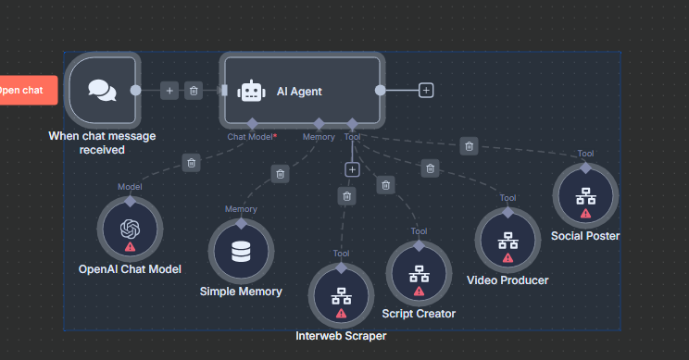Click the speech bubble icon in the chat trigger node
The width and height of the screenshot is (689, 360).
click(x=102, y=90)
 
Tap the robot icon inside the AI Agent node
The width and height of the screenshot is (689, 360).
click(x=251, y=91)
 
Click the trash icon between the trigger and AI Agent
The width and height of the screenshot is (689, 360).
click(x=194, y=90)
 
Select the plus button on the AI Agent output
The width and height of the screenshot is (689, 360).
click(x=426, y=90)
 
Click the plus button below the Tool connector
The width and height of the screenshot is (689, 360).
click(x=352, y=169)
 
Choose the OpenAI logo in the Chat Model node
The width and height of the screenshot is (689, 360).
click(x=130, y=228)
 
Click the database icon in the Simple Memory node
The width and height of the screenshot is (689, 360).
click(x=241, y=250)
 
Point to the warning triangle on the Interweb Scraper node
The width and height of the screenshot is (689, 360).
click(x=341, y=314)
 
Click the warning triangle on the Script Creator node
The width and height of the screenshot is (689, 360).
click(x=419, y=291)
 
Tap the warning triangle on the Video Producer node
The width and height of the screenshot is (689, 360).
click(x=507, y=258)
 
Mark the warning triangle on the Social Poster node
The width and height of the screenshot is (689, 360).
click(x=585, y=213)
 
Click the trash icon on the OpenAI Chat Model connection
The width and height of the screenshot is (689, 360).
click(x=191, y=163)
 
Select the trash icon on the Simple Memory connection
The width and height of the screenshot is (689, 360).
click(x=280, y=173)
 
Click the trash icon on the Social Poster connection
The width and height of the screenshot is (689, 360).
click(x=470, y=145)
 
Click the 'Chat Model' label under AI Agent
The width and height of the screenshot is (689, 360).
click(x=251, y=136)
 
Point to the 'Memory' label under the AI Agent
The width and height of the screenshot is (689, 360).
click(x=319, y=136)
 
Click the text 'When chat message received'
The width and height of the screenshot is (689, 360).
click(x=102, y=143)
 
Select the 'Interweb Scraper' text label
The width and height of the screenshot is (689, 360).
click(x=341, y=336)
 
